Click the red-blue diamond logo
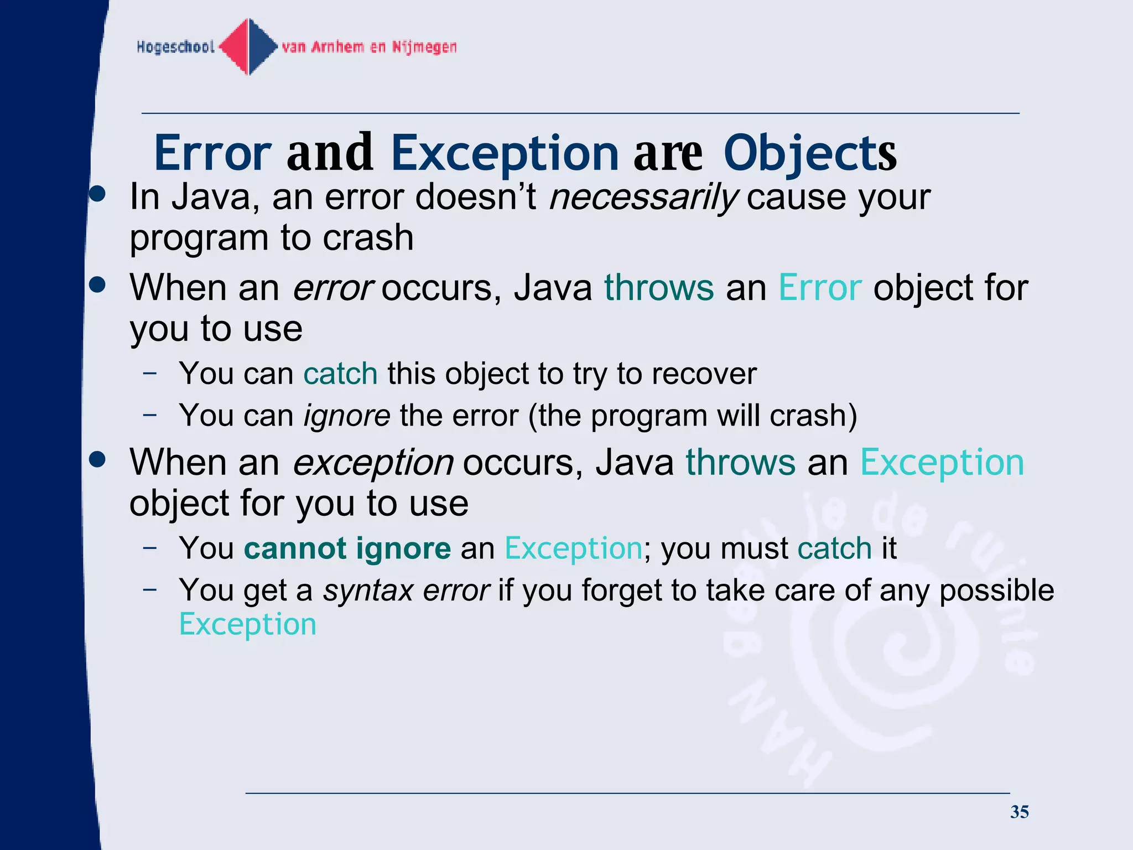(249, 46)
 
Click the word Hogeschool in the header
(175, 47)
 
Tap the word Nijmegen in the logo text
(424, 47)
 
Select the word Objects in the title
(809, 153)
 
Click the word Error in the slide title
(212, 153)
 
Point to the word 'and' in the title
(330, 153)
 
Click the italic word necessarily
(643, 197)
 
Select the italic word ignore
(347, 415)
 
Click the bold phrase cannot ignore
(347, 548)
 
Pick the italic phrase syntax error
(407, 590)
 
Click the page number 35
(1019, 812)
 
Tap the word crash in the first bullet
(368, 238)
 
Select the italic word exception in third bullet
(373, 463)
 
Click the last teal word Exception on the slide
(248, 624)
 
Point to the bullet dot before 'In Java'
(97, 194)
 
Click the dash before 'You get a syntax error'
(149, 589)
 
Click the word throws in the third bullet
(740, 463)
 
